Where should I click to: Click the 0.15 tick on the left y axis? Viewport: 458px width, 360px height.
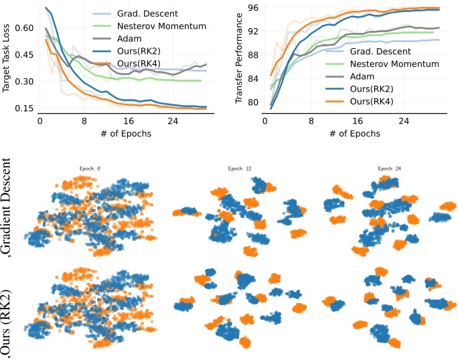click(24, 108)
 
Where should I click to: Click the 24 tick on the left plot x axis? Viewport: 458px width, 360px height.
click(172, 122)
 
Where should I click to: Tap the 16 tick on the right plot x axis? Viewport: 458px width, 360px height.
click(357, 122)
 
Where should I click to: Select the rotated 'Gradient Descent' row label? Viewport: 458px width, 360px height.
click(8, 207)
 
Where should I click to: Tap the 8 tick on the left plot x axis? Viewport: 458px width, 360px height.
click(84, 122)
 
